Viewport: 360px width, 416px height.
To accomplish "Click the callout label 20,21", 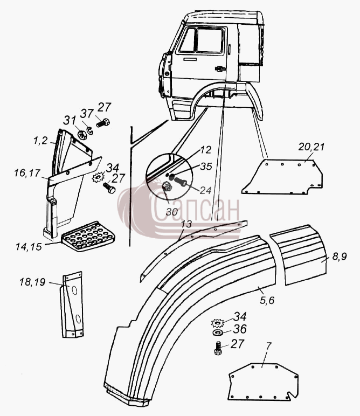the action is [x=311, y=147].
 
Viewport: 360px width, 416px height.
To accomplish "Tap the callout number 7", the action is [x=269, y=346].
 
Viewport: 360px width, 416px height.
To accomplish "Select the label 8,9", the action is [x=339, y=256].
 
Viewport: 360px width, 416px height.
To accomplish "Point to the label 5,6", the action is [x=267, y=300].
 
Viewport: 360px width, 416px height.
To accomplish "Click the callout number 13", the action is [x=186, y=224].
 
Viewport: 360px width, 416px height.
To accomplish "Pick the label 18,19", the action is [x=32, y=282].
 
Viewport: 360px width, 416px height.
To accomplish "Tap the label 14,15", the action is [x=29, y=247].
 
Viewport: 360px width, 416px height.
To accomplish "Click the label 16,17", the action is [x=27, y=174].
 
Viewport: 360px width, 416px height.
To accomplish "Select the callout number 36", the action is [x=240, y=329].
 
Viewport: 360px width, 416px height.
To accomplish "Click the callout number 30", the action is [x=172, y=212].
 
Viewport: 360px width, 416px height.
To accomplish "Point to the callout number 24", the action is [x=205, y=190].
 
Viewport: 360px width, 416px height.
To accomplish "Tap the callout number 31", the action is [x=69, y=121].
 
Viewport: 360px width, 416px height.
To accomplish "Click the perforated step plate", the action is [x=88, y=236].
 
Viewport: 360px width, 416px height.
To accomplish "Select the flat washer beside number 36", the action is [x=219, y=332].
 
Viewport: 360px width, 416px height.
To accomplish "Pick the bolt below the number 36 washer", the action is [x=218, y=348].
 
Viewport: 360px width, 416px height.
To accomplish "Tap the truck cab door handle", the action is [x=220, y=69].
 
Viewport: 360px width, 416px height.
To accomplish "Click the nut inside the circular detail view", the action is [x=167, y=186].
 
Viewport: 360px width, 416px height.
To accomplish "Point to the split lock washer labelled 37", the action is [x=89, y=130].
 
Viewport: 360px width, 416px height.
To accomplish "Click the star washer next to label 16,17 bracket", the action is [x=98, y=177].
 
